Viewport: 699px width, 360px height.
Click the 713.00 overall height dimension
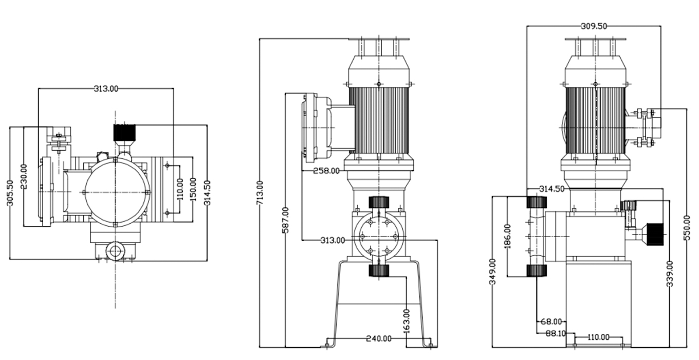(x=260, y=192)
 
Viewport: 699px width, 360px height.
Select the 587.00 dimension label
(x=286, y=220)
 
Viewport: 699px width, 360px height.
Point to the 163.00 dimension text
(x=407, y=320)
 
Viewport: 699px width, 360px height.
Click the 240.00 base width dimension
(x=378, y=338)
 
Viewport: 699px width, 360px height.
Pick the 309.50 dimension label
(x=594, y=26)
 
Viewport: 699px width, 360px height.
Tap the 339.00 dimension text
(x=670, y=274)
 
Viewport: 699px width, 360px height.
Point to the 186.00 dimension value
(x=507, y=236)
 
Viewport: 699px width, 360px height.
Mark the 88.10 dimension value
(x=555, y=333)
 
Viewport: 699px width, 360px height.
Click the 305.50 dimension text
(x=10, y=193)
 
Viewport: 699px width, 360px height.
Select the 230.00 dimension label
(x=24, y=176)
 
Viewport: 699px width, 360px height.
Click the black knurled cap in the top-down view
(x=124, y=133)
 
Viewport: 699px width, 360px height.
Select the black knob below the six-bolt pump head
(x=379, y=271)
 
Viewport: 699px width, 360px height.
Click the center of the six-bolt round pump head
(x=379, y=236)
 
